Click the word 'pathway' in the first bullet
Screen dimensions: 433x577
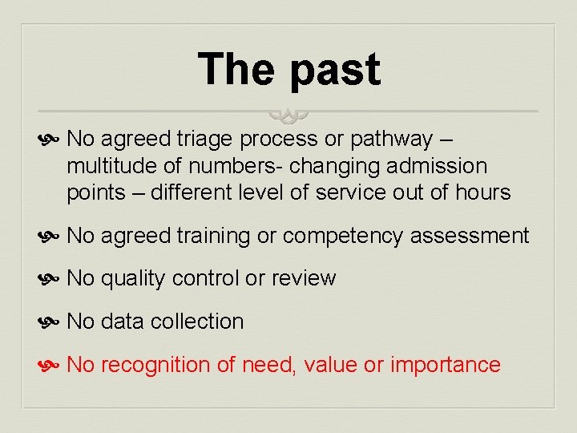391,140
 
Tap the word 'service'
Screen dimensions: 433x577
353,192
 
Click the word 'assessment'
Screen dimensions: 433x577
470,236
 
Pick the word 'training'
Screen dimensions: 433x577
212,236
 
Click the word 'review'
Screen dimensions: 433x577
304,278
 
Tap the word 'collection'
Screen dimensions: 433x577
197,322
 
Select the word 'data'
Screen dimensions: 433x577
123,322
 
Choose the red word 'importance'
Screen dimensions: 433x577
445,365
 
